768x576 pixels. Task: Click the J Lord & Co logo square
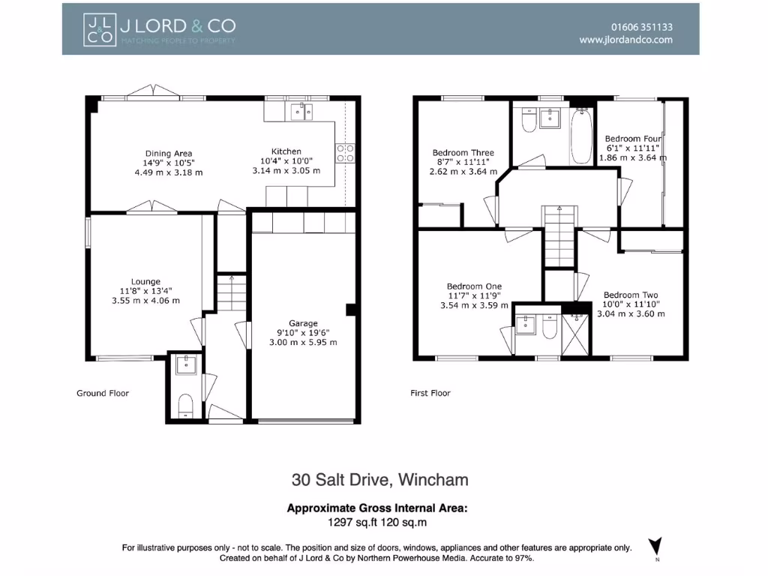(x=98, y=28)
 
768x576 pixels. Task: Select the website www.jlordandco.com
(x=625, y=40)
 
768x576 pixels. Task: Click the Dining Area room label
(x=168, y=153)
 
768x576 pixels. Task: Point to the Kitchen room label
(x=286, y=151)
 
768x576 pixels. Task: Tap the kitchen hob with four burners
(x=345, y=153)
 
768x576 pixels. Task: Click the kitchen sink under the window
(x=302, y=112)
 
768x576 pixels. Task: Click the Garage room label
(x=304, y=324)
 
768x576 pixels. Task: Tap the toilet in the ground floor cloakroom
(x=185, y=407)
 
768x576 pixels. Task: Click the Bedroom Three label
(x=463, y=153)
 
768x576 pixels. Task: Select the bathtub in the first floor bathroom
(x=581, y=136)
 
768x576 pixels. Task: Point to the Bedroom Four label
(x=634, y=139)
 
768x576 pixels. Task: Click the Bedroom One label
(x=474, y=286)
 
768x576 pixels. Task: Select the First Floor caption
(x=430, y=393)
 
